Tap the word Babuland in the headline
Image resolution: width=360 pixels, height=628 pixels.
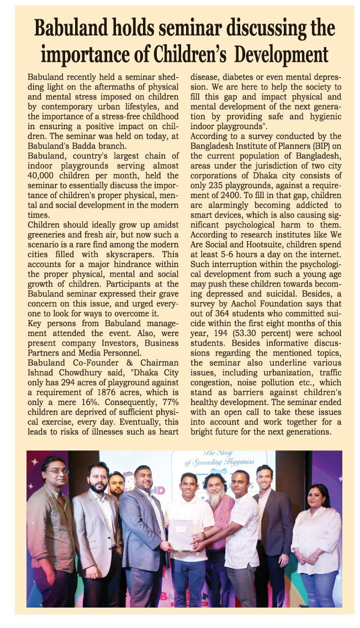[75, 28]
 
